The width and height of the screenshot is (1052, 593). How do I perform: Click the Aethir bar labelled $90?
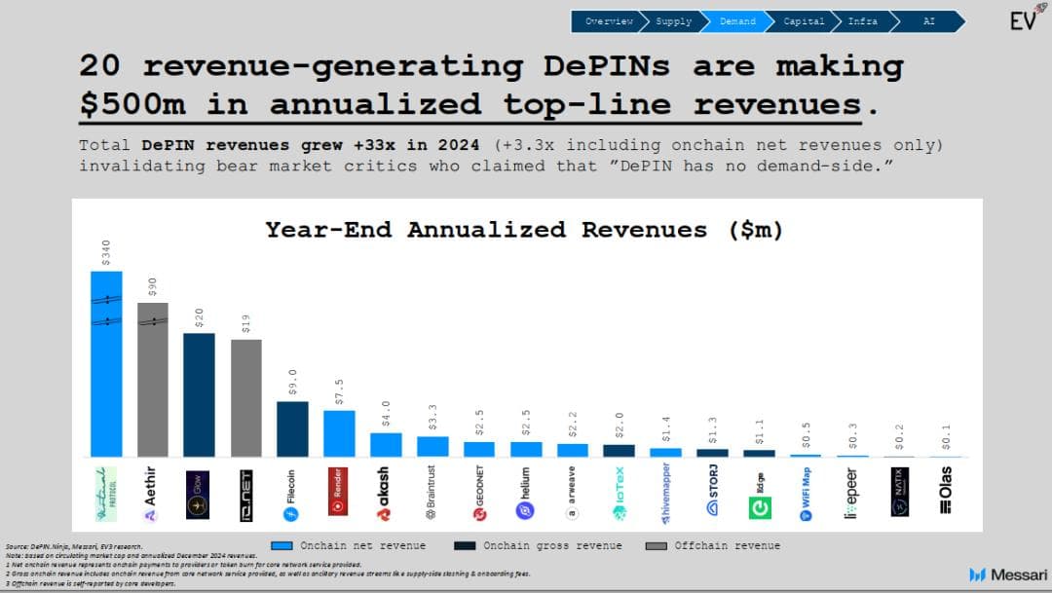(x=152, y=380)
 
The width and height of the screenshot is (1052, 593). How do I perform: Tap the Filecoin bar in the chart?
(x=292, y=428)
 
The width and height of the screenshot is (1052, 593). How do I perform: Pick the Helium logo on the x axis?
(x=526, y=493)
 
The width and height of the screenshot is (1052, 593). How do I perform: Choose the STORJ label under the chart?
(x=713, y=493)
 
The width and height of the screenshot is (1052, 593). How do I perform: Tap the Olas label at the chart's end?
(x=946, y=491)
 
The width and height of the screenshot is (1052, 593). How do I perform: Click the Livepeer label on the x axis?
(x=852, y=493)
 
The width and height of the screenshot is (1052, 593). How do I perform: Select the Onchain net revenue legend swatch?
(x=283, y=546)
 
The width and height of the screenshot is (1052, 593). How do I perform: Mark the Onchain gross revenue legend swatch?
(x=467, y=546)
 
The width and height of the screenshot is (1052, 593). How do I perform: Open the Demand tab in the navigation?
(x=736, y=21)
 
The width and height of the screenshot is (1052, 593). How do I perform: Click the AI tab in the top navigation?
(x=928, y=21)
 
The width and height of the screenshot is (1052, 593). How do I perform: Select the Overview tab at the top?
(x=608, y=21)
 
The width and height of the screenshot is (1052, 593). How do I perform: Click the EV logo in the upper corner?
(x=1022, y=19)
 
